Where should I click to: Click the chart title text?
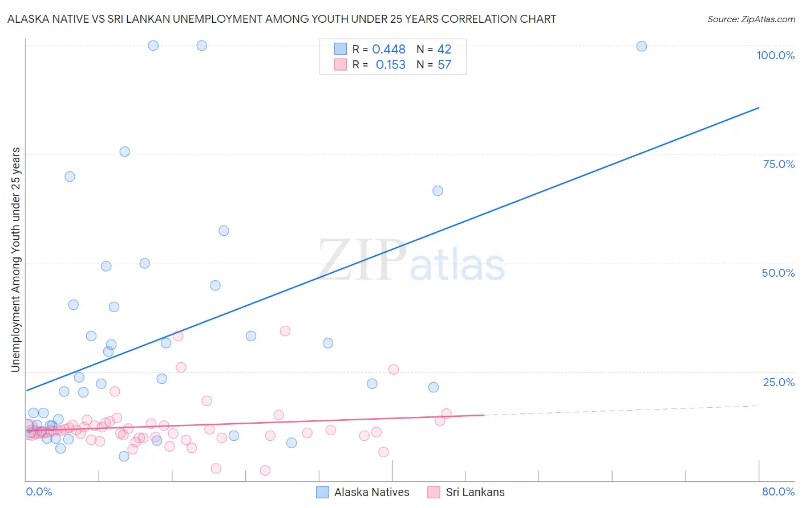tap(282, 19)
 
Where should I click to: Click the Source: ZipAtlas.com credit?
tap(751, 19)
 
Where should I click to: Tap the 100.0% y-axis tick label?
tap(775, 55)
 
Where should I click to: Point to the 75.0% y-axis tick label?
tap(779, 164)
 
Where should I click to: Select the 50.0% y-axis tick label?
tap(778, 273)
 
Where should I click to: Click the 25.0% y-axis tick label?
tap(779, 382)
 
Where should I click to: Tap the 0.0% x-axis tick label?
tap(39, 491)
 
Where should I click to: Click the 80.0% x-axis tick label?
tap(778, 491)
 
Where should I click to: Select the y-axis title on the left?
tap(15, 260)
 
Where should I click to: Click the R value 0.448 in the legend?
tap(388, 50)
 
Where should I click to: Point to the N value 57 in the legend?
tap(444, 65)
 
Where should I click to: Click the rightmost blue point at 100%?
tap(642, 46)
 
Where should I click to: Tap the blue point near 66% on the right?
tap(438, 191)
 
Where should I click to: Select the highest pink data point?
tap(285, 331)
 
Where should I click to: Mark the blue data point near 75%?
tap(125, 151)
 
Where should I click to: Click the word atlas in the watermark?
tap(457, 265)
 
